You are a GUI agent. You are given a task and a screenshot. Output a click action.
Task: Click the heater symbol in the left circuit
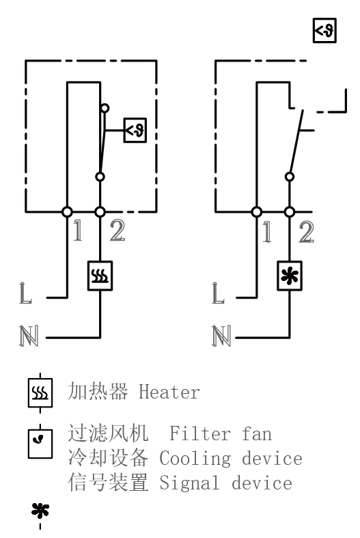coord(100,276)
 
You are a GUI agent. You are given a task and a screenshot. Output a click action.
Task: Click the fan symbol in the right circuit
coord(290,276)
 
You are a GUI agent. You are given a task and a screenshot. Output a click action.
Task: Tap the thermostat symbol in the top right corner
coord(324,31)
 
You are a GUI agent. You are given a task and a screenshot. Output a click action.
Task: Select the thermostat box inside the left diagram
coord(135,131)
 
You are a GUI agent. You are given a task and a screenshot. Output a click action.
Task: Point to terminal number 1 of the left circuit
coord(78,230)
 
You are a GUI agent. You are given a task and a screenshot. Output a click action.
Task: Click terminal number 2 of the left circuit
coord(117,230)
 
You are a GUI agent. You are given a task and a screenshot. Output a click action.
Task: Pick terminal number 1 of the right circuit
coord(267,232)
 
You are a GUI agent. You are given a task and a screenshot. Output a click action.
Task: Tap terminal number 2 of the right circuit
coord(307,232)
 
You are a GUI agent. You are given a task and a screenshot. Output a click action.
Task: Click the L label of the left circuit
coord(25,293)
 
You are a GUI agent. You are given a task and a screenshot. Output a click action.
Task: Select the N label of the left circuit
coord(29,336)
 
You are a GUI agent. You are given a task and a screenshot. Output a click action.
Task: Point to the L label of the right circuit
coord(218,293)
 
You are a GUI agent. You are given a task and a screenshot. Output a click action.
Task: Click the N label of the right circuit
coord(221,336)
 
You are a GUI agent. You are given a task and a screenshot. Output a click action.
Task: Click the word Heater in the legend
coord(169,392)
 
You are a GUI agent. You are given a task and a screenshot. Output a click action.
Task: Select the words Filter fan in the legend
coord(221,433)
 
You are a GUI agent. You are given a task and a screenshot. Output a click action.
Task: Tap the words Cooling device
coord(231,459)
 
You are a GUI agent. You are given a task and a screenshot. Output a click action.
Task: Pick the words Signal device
coord(225,483)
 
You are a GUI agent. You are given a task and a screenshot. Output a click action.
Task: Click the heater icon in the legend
coord(40,393)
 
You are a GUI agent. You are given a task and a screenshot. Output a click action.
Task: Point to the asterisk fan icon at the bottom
coord(40,511)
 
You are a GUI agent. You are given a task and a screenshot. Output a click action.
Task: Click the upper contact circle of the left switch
coord(105,109)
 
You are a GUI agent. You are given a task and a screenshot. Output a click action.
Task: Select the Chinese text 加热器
coord(98,392)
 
